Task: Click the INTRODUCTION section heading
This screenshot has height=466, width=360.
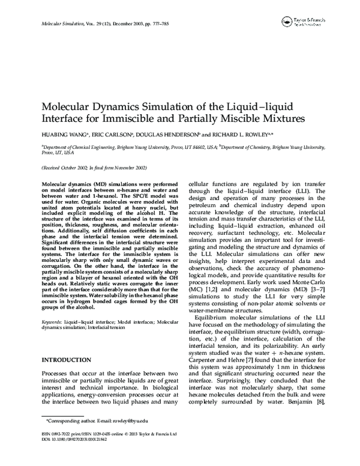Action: click(65, 360)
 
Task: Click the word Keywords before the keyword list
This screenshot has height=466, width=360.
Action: click(53, 322)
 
